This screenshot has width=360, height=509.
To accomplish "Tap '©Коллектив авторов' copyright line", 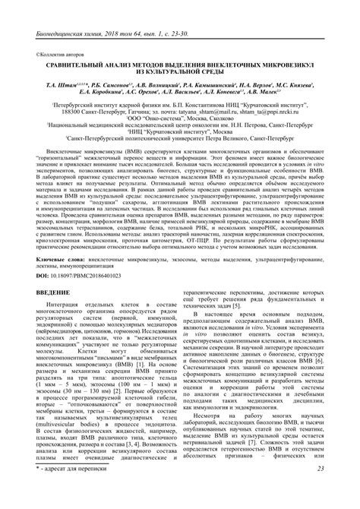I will click(x=60, y=55).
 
